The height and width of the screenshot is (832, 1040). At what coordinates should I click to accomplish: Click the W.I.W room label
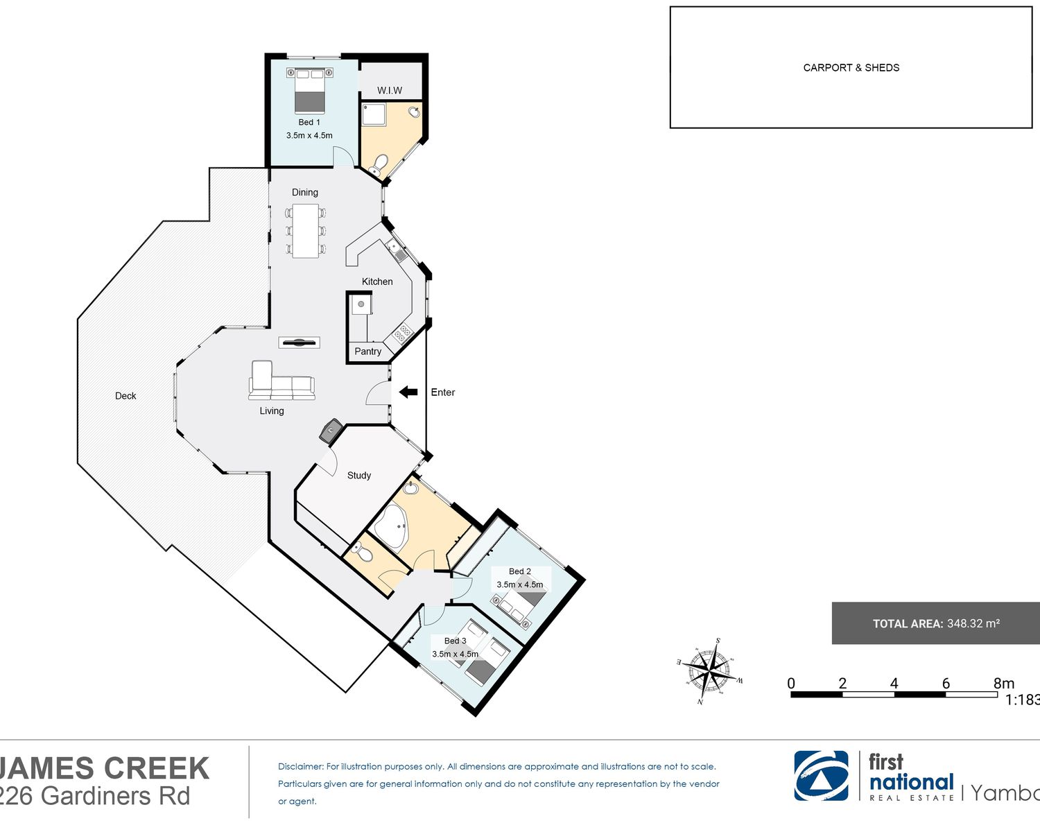[x=390, y=90]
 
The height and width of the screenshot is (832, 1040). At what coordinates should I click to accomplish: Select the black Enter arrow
[x=408, y=392]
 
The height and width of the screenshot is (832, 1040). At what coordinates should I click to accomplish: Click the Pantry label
[x=367, y=352]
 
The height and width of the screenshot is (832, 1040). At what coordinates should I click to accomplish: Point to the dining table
[x=305, y=231]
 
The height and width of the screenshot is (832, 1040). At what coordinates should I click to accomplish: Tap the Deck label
[x=125, y=396]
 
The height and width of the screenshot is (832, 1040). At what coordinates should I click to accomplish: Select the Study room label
[x=359, y=476]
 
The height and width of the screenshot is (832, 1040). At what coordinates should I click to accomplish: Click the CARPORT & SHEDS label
[x=851, y=68]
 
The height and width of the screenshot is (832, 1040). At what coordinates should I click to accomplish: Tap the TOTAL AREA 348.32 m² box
[x=935, y=623]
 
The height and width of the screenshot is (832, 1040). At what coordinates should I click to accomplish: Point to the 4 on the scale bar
[x=894, y=684]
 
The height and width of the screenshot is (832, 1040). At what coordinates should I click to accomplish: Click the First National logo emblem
[x=821, y=776]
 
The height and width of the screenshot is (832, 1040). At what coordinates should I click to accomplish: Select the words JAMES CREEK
[x=104, y=768]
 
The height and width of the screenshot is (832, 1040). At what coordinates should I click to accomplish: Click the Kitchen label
[x=377, y=281]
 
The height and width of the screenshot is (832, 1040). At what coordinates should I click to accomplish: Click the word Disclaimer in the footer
[x=300, y=767]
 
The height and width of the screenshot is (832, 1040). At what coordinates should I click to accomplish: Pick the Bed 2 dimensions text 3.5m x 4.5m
[x=519, y=584]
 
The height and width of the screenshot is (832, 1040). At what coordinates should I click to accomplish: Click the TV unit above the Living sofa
[x=299, y=343]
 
